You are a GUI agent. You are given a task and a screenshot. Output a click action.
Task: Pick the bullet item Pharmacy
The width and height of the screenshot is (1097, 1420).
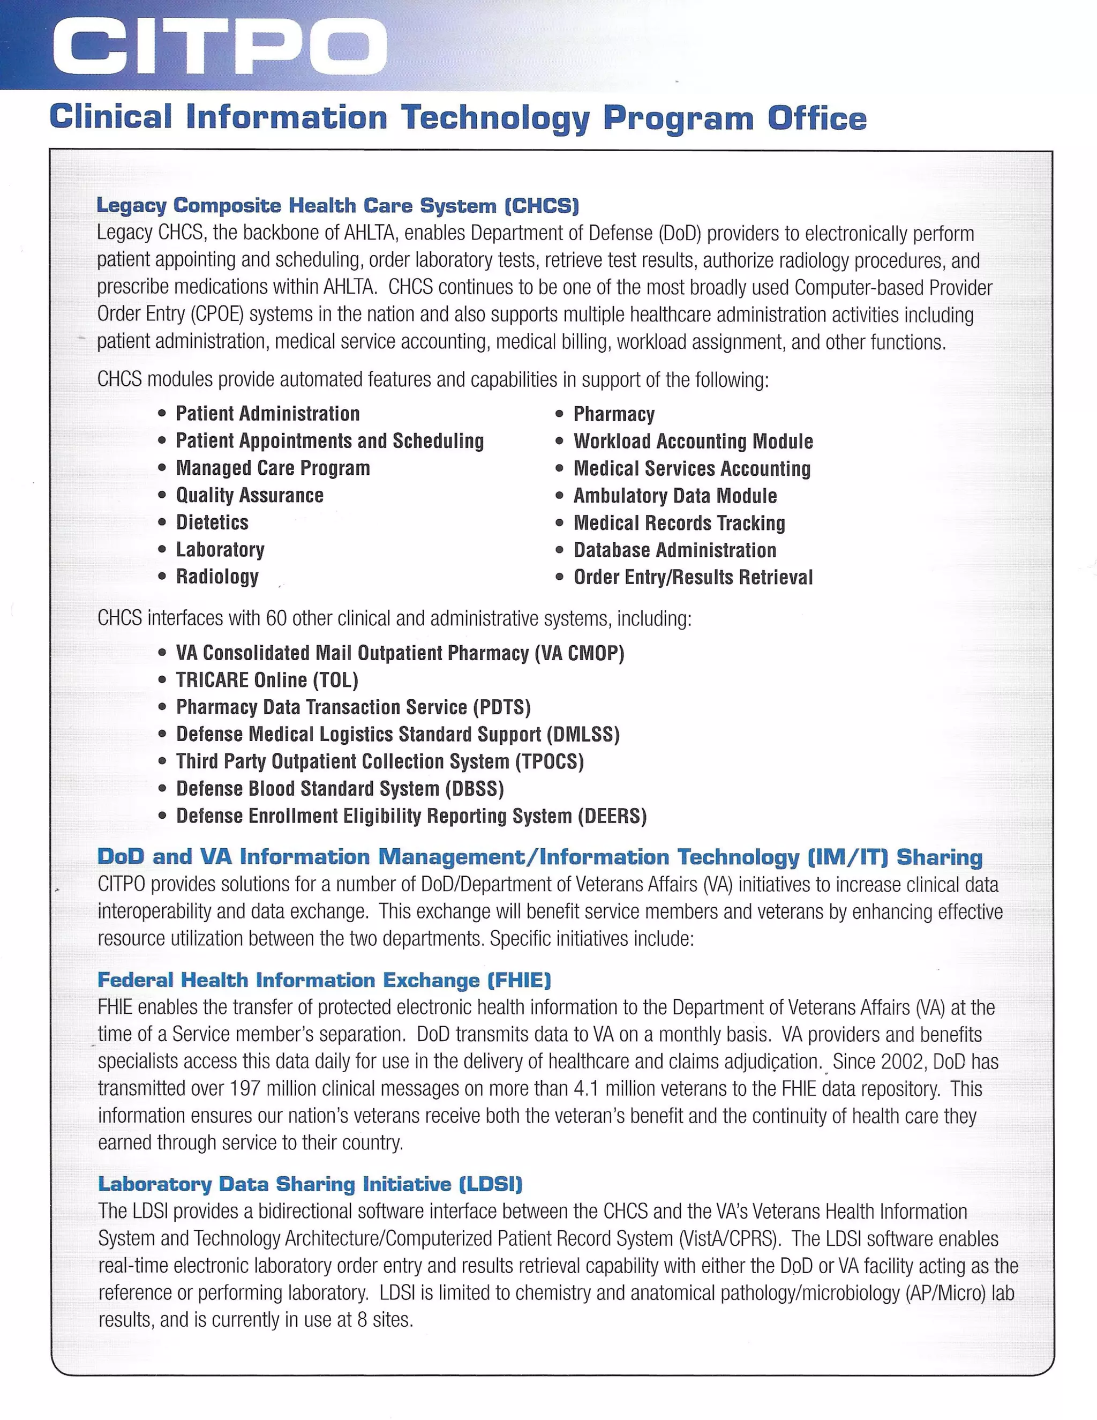coord(613,414)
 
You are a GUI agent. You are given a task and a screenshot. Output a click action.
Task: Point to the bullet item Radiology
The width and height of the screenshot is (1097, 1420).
coord(217,577)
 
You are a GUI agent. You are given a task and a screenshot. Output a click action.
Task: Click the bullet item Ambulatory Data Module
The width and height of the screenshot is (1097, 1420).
coord(674,496)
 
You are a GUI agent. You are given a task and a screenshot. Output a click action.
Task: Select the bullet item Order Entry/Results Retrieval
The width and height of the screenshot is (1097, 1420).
coord(693,577)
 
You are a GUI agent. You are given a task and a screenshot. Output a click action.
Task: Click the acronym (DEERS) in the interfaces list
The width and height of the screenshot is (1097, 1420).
coord(612,816)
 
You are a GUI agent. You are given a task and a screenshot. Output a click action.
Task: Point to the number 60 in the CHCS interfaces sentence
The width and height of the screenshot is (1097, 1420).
coord(276,618)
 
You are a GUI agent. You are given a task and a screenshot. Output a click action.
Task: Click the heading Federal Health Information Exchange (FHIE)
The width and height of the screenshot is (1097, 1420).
coord(324,980)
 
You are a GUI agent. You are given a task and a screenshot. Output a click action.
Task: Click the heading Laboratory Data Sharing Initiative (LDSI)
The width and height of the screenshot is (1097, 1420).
coord(310,1184)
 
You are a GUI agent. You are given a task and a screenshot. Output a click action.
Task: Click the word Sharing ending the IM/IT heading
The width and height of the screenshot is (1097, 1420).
coord(939,857)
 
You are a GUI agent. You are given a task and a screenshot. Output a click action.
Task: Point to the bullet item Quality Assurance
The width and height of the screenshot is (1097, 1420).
coord(250,496)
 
